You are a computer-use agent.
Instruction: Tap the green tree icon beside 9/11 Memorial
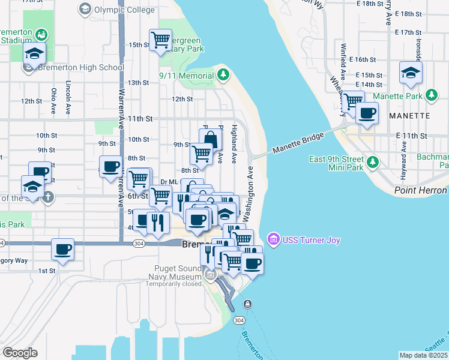[223, 75]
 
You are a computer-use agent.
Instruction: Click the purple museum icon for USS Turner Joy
[274, 240]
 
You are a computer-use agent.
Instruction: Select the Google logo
[20, 352]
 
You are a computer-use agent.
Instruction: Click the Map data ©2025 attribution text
[423, 355]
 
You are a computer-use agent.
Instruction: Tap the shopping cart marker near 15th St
[160, 41]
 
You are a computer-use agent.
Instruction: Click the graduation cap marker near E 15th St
[411, 73]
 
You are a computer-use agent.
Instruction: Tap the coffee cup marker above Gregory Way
[62, 248]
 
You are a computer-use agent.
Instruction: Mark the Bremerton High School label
[73, 67]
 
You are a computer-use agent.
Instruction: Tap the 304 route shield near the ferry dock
[247, 304]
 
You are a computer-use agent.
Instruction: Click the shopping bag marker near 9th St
[210, 139]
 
